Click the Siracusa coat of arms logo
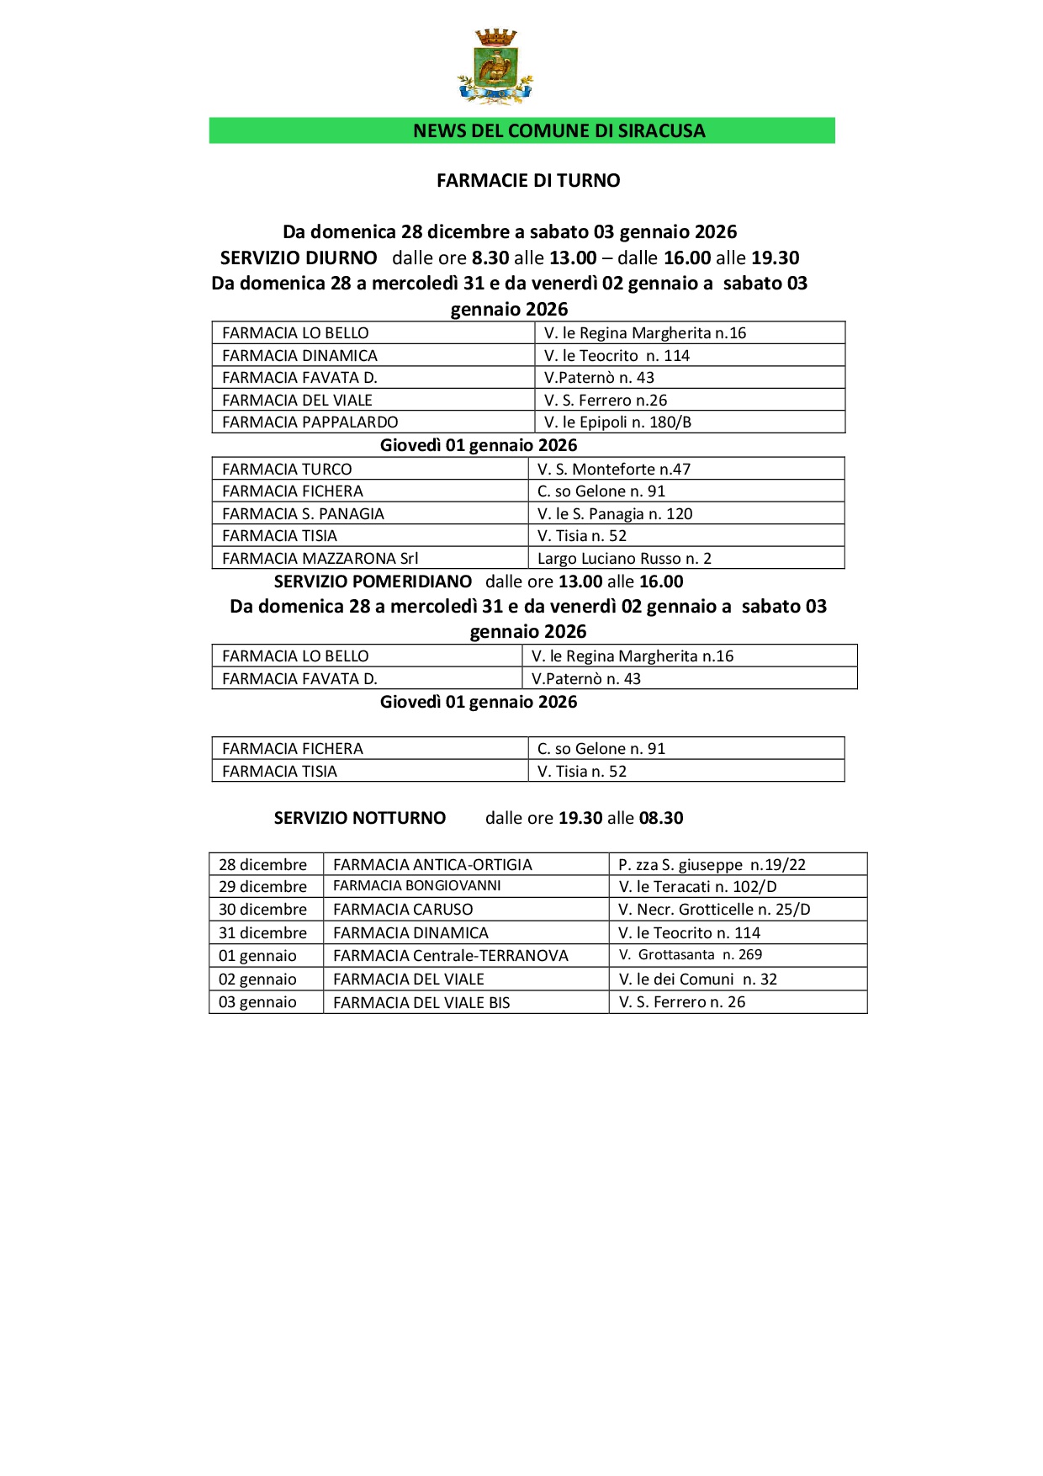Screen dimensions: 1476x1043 [x=495, y=67]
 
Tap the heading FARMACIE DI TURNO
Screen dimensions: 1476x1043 [x=528, y=180]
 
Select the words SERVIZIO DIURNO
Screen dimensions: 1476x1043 [x=299, y=258]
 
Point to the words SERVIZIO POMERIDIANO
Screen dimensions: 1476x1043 [x=373, y=581]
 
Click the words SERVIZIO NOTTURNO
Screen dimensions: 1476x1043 [x=360, y=818]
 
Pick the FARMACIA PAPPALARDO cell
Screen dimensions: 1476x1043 [x=310, y=422]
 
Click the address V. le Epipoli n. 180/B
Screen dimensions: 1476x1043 [x=617, y=422]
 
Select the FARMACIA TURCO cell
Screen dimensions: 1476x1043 [x=287, y=469]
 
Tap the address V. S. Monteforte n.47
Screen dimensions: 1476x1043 [x=614, y=469]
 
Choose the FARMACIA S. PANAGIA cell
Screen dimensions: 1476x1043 [x=303, y=513]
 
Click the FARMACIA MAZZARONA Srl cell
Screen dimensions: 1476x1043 [x=320, y=558]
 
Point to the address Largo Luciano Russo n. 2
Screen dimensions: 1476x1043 [x=624, y=558]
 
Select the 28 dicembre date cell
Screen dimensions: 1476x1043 [x=263, y=864]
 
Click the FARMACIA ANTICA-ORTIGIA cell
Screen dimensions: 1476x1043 [x=432, y=864]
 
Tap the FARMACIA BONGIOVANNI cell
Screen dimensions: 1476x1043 [x=417, y=886]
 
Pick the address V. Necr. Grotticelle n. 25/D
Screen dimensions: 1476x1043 [x=714, y=909]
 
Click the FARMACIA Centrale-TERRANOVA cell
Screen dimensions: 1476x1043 [x=451, y=955]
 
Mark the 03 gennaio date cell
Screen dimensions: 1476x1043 [x=258, y=1001]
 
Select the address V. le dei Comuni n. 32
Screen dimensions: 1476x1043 [x=698, y=979]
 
